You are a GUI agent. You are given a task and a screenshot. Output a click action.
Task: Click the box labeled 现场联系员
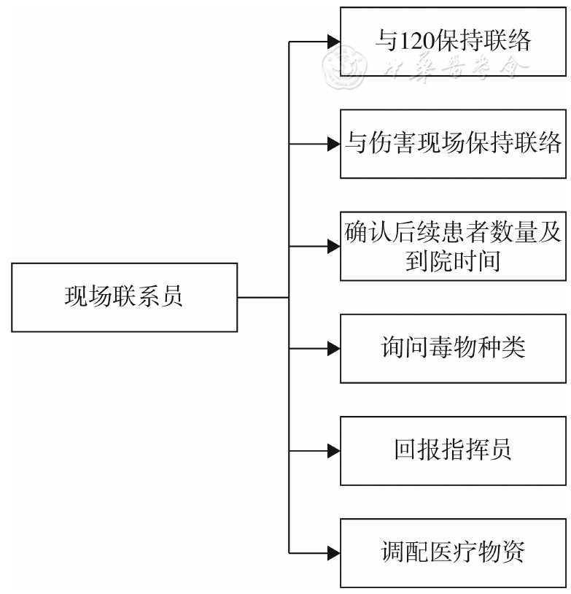tap(125, 298)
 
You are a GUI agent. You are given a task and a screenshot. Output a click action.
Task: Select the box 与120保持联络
tap(453, 42)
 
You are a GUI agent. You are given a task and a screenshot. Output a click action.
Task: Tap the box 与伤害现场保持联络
tap(453, 144)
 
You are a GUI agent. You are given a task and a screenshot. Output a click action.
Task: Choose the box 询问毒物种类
tap(453, 349)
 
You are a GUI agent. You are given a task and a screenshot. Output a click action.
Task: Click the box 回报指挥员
tap(453, 451)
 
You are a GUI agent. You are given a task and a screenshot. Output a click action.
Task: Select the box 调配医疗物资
tap(453, 552)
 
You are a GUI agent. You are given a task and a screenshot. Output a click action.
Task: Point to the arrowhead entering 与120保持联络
tap(333, 42)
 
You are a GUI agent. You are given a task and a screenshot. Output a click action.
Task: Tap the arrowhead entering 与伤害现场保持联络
tap(333, 144)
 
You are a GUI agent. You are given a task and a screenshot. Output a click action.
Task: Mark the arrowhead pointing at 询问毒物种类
tap(333, 349)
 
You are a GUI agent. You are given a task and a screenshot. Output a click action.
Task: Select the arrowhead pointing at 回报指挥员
tap(333, 451)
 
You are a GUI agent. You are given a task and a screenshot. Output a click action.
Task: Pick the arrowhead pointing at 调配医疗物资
tap(333, 552)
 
